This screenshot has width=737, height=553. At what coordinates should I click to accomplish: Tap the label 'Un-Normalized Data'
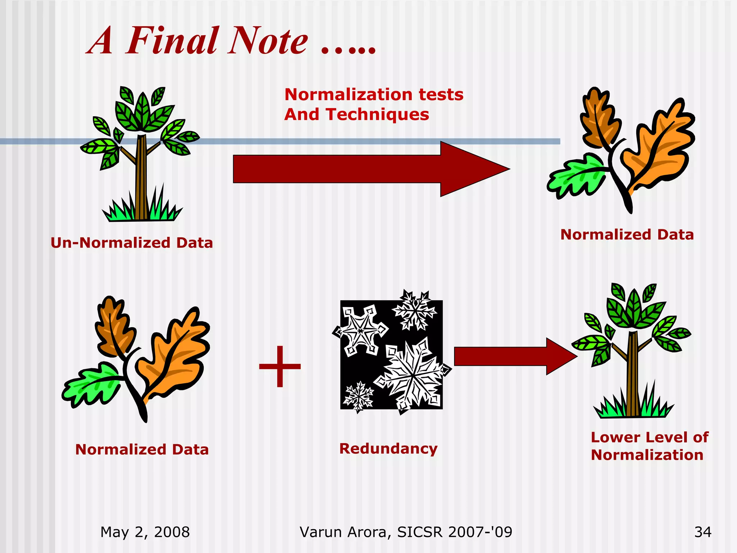(x=132, y=243)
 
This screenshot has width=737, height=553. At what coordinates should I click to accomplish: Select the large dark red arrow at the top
(x=371, y=169)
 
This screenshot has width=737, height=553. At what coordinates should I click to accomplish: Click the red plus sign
(x=280, y=367)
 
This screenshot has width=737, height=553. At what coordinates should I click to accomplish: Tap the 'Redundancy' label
(x=388, y=449)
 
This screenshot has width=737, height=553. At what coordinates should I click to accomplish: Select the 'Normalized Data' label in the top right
(x=627, y=235)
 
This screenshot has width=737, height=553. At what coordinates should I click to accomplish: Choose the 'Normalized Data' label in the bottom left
(x=142, y=450)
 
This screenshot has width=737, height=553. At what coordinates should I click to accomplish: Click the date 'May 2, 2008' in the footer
(x=145, y=532)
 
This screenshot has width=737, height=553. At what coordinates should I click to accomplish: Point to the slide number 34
(x=702, y=532)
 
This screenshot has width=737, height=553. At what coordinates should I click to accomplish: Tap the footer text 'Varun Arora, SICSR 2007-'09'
(x=406, y=532)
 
